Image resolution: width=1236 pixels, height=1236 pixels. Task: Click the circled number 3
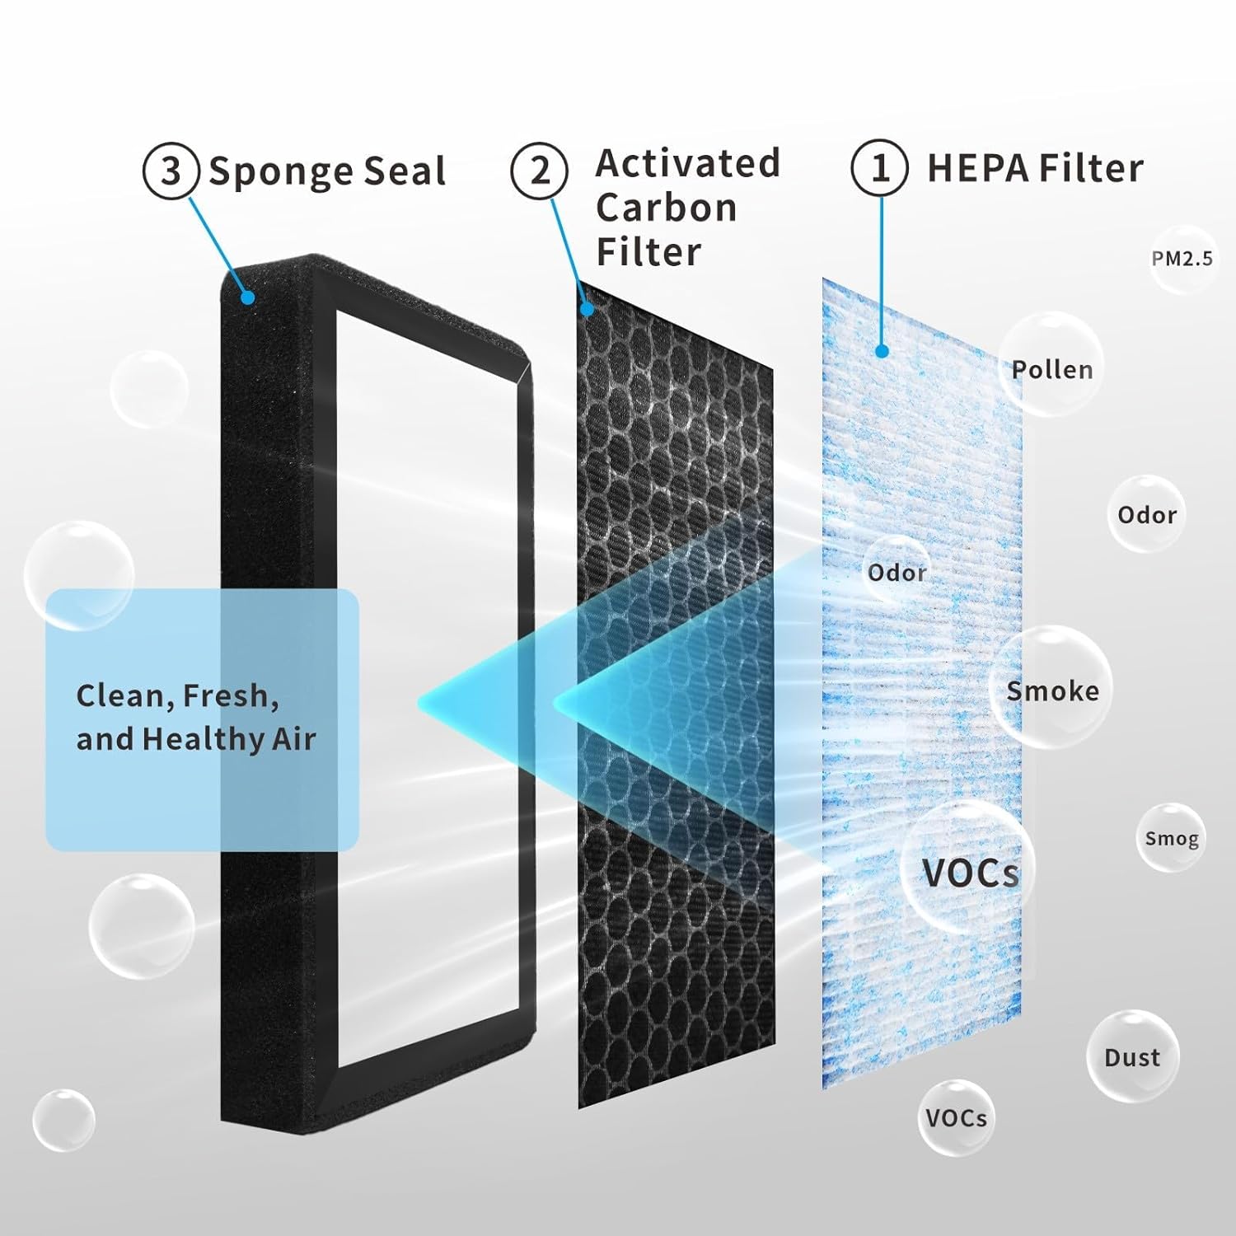click(x=171, y=171)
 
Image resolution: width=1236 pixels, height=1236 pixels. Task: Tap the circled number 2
click(x=539, y=171)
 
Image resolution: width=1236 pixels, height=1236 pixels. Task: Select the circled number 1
click(x=879, y=168)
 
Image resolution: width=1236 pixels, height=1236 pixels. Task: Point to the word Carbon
click(x=666, y=208)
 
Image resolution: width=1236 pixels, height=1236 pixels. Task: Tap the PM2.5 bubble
click(x=1182, y=259)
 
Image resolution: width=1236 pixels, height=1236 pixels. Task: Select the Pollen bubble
click(x=1052, y=368)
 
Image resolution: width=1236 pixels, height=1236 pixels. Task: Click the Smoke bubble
click(x=1051, y=690)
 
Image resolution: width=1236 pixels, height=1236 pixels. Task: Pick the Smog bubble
click(x=1171, y=838)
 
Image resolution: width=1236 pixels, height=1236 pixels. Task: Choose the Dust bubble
click(x=1132, y=1056)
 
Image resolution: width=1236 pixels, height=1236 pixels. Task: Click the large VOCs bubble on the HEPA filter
click(x=969, y=872)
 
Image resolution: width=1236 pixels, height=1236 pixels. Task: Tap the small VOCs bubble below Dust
click(x=956, y=1117)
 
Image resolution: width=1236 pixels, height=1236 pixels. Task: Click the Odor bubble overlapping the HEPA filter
click(x=897, y=571)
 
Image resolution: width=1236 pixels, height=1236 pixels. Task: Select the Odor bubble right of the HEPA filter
click(x=1146, y=515)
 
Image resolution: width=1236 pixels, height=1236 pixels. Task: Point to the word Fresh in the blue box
click(x=227, y=696)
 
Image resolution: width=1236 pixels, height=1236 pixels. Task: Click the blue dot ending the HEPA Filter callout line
click(x=882, y=352)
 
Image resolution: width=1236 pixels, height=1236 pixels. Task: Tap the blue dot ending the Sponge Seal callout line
click(x=247, y=297)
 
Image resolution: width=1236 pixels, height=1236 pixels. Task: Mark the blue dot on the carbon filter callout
click(x=587, y=309)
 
